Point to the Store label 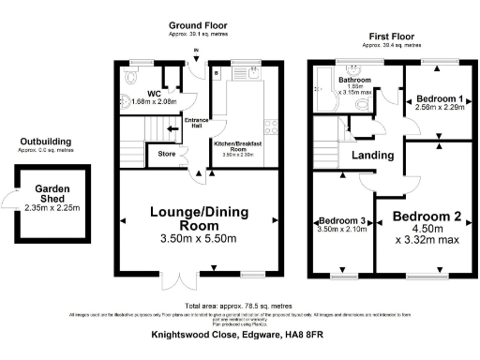(167, 153)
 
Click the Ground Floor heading (196, 24)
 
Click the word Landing (372, 155)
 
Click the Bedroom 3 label (341, 220)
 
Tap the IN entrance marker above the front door (196, 52)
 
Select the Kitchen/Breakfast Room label (239, 146)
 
